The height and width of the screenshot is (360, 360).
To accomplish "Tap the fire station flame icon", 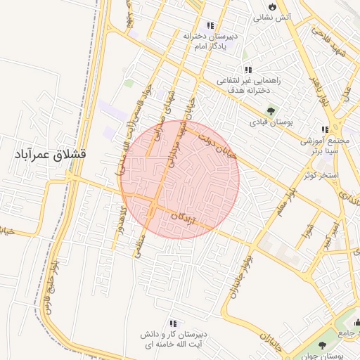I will point(272,6).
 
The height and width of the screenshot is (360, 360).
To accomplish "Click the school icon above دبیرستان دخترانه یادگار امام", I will point(210,25).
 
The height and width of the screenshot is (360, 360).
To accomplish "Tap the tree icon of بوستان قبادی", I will point(271,112).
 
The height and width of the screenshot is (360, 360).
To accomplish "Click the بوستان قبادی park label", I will point(271,123).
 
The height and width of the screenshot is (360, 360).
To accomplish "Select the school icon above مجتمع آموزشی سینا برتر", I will point(324,129).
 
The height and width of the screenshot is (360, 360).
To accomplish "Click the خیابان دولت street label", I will point(214,146).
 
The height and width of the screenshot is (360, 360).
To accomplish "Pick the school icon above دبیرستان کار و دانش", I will point(173,323).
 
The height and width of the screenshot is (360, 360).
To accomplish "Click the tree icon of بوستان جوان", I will point(322,345).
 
